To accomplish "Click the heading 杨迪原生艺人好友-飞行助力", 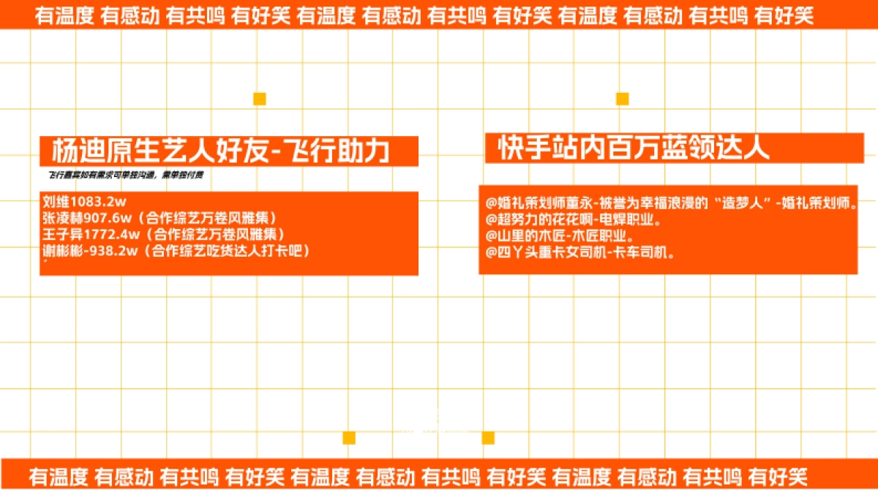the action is coord(220,151).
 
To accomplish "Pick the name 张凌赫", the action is coord(61,218).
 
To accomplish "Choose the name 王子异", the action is coord(61,234).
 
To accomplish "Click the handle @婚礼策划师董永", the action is coord(539,203).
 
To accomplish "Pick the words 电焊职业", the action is coord(630,219).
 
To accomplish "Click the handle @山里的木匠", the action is coord(523,236).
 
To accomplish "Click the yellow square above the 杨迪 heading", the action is coord(260,99).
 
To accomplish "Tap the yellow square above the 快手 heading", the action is coord(623,99).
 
